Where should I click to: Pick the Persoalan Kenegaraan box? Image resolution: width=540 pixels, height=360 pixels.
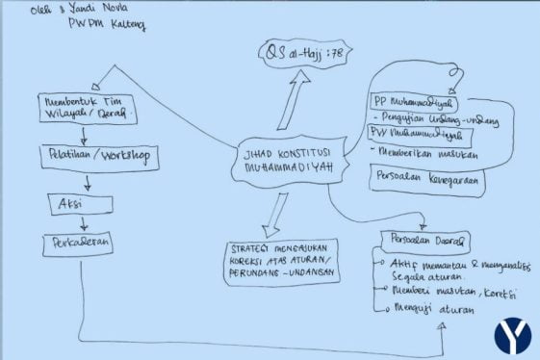pos(425,179)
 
